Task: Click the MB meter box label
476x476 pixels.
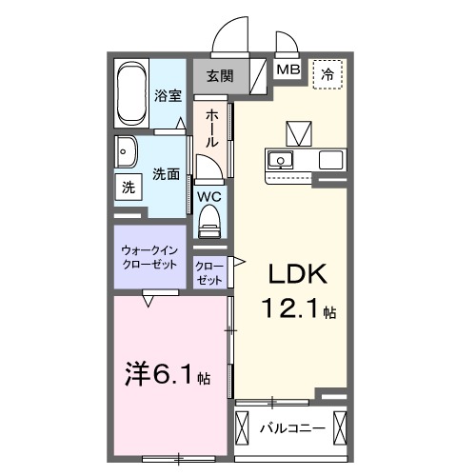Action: pos(287,70)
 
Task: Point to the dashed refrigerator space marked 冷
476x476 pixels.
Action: pos(328,73)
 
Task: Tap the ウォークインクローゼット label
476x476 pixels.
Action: pos(149,257)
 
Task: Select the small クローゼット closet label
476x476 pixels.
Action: pos(209,272)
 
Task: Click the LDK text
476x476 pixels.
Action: pos(295,275)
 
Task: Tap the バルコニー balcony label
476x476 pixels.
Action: pos(292,427)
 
